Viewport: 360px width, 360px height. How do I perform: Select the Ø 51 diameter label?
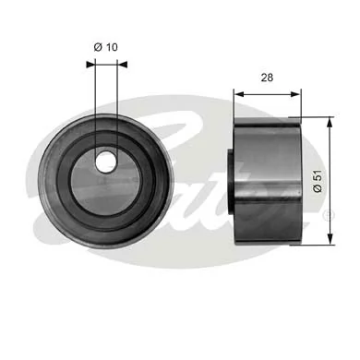(x=318, y=181)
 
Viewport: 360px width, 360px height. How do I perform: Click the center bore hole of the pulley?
(x=105, y=160)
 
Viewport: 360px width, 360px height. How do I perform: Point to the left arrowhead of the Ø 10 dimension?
(x=90, y=65)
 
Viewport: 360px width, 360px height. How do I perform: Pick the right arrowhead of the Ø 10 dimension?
(x=119, y=65)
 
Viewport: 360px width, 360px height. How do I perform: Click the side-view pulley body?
(x=268, y=181)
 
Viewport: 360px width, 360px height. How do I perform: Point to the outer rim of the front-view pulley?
(x=44, y=181)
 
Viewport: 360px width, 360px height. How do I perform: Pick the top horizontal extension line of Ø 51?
(x=314, y=116)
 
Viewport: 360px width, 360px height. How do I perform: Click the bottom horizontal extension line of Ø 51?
(x=314, y=246)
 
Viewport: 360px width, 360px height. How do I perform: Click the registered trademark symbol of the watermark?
(x=327, y=216)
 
